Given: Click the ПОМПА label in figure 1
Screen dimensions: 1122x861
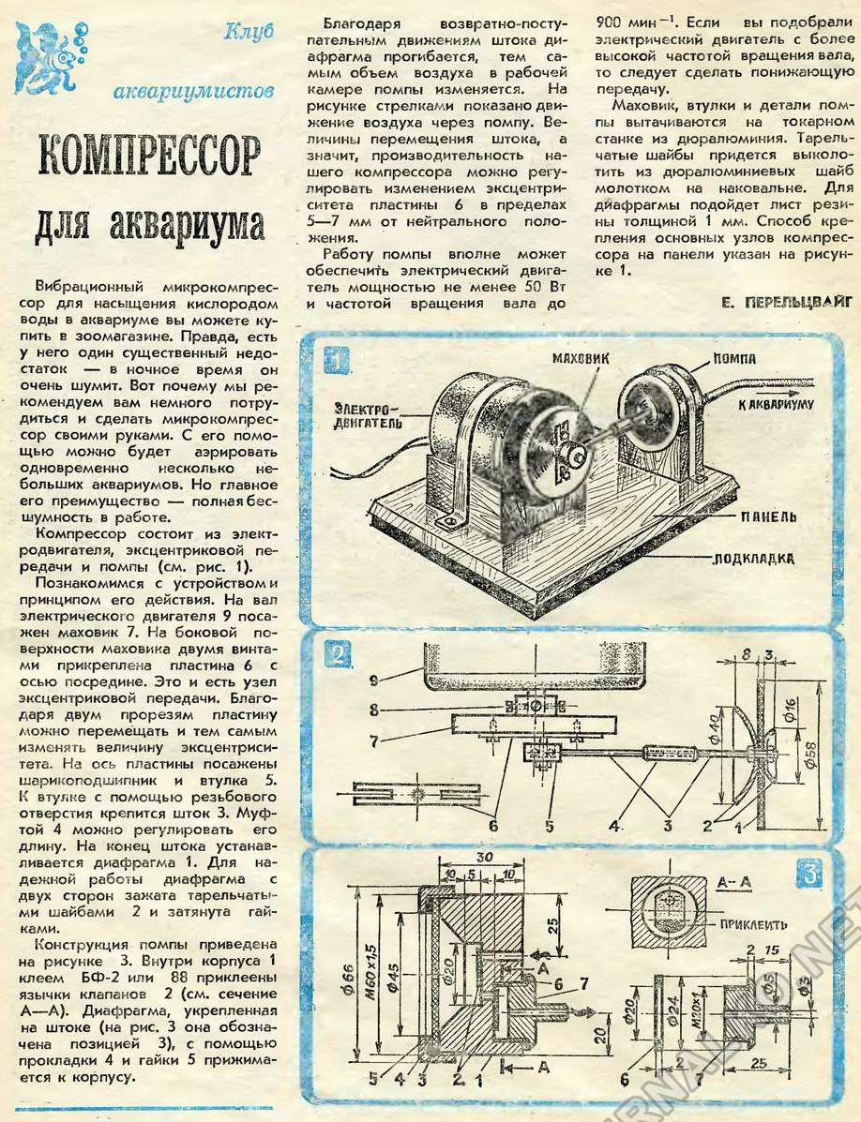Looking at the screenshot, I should (734, 358).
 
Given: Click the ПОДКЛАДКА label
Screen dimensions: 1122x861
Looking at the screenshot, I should (754, 559).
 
